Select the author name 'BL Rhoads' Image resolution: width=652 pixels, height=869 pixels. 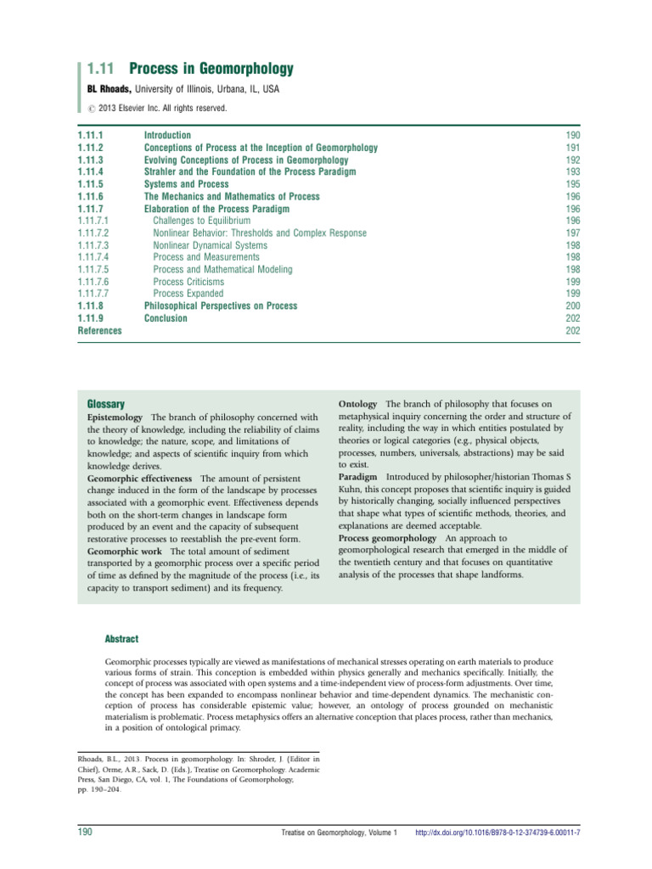[105, 89]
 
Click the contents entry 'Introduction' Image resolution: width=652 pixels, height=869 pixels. [167, 136]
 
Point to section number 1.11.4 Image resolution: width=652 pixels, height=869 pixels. [90, 172]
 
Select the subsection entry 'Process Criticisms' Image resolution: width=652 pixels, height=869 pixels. [188, 282]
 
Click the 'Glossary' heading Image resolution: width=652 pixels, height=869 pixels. [107, 404]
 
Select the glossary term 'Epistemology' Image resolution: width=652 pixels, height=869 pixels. [117, 418]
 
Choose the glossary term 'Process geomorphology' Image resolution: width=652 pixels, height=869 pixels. [388, 539]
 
